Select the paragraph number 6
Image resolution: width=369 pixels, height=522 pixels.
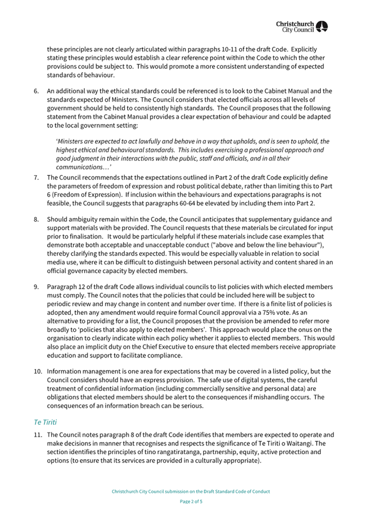(x=36, y=91)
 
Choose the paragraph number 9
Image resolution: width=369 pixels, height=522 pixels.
(x=36, y=287)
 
